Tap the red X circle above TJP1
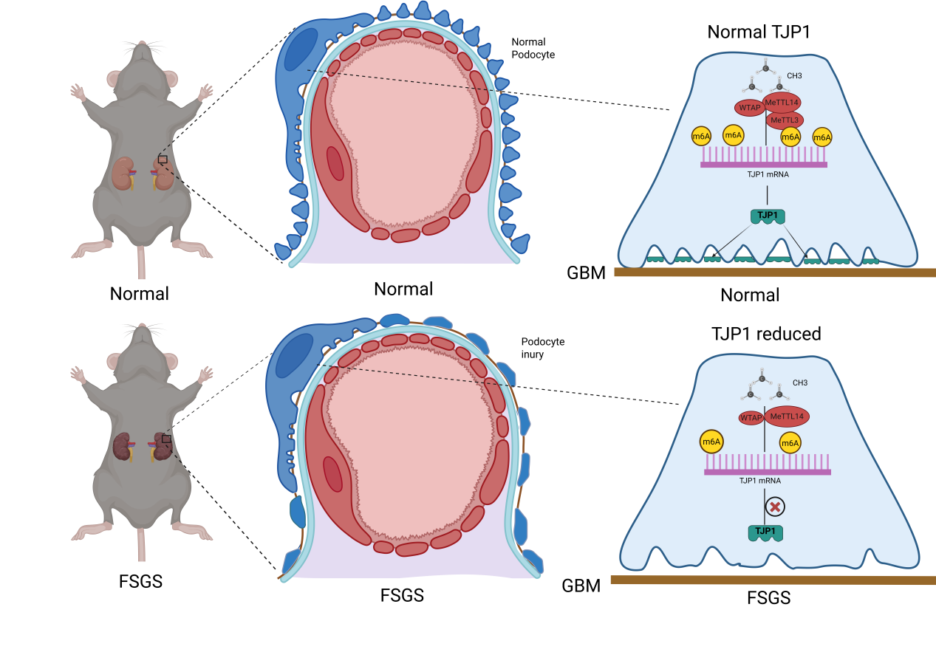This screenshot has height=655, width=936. (x=774, y=507)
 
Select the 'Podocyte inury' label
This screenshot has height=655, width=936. (x=542, y=348)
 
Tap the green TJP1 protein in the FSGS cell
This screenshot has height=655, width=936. (x=766, y=532)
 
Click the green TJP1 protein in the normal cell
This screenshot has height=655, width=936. (x=768, y=216)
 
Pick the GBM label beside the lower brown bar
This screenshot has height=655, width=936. (x=581, y=586)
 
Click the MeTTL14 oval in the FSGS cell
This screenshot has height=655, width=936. (x=786, y=417)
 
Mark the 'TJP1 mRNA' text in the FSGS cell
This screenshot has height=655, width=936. (x=760, y=480)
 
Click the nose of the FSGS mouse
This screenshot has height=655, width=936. (x=140, y=326)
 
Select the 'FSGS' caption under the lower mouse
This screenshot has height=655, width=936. (x=140, y=581)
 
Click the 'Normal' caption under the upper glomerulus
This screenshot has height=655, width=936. (x=403, y=289)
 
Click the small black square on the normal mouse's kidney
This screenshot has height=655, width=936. (x=163, y=159)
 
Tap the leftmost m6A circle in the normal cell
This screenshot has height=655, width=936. (x=701, y=137)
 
